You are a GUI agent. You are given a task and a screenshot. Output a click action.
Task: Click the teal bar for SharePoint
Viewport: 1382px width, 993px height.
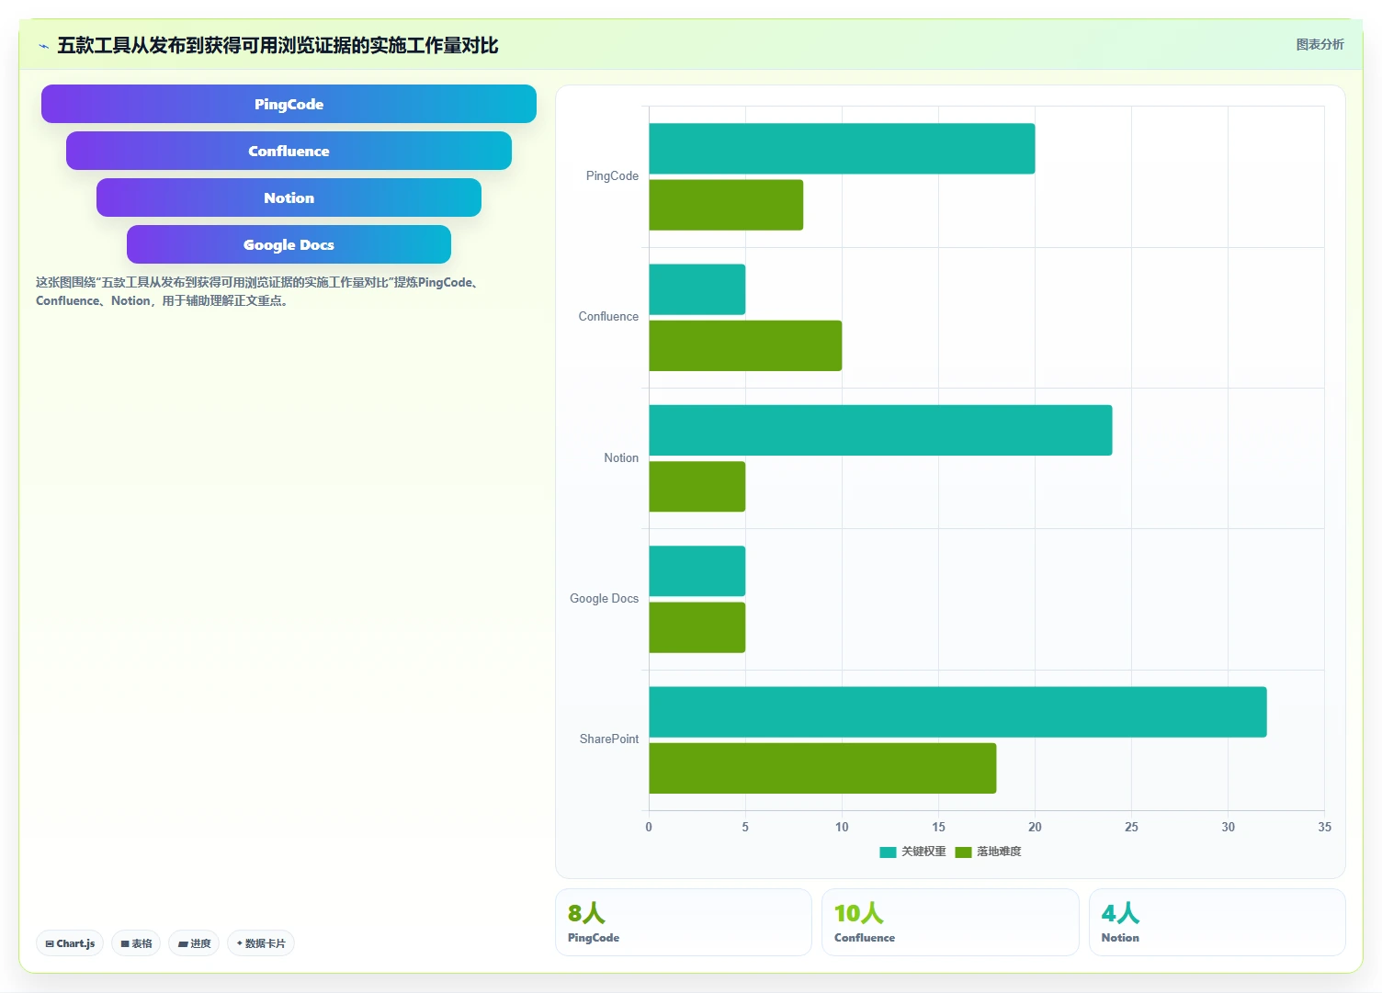tap(957, 712)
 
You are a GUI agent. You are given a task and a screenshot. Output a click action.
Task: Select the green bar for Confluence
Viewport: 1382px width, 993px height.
tap(745, 345)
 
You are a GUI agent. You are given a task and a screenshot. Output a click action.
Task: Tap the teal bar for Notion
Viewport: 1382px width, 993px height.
tap(880, 430)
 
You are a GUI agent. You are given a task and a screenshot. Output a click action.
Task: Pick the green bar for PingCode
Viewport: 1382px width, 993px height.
tap(726, 205)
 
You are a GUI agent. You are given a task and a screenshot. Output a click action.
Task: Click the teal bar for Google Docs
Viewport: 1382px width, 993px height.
tap(697, 571)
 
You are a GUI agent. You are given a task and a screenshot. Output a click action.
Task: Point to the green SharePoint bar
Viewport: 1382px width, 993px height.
tap(822, 768)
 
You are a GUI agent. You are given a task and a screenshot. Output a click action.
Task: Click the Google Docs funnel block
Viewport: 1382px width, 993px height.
tap(289, 244)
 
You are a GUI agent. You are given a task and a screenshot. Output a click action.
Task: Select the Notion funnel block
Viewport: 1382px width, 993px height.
tap(289, 197)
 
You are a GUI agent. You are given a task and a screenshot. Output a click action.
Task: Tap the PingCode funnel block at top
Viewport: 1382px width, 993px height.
tap(289, 104)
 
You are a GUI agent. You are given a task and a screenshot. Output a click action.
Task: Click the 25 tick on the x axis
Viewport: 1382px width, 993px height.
tap(1131, 827)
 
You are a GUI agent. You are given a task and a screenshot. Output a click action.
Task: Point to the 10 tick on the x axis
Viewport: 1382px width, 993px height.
tap(842, 827)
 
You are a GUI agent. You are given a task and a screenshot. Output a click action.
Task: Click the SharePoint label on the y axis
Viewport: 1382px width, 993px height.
tap(609, 739)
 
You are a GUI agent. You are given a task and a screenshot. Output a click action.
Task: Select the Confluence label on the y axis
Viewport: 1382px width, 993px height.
tap(608, 316)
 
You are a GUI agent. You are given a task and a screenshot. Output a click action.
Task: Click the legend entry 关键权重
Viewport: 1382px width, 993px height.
tap(912, 852)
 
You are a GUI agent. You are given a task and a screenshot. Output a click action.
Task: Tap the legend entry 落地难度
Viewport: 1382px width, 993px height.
tap(988, 852)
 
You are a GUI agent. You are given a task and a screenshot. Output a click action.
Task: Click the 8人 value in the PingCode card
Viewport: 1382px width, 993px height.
tap(587, 913)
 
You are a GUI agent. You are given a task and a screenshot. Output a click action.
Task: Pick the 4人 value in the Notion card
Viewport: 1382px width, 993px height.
tap(1120, 913)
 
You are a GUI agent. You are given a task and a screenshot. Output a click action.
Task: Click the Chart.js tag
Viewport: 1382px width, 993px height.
tap(70, 943)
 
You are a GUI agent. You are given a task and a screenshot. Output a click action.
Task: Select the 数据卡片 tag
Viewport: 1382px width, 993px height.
tap(261, 943)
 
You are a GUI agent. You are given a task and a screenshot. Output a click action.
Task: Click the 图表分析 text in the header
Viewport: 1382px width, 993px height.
tap(1320, 44)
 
